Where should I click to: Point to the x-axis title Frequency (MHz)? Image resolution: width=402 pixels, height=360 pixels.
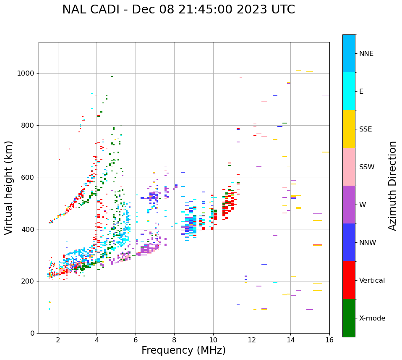(x=183, y=350)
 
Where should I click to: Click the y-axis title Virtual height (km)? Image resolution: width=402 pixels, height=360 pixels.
(x=9, y=187)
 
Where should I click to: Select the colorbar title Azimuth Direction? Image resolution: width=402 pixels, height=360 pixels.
(x=392, y=186)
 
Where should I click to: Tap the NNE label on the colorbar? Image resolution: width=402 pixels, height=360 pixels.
(x=366, y=54)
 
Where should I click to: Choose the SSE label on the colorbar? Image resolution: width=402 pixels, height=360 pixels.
(x=365, y=129)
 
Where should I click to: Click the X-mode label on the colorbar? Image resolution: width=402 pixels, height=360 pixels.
(x=372, y=318)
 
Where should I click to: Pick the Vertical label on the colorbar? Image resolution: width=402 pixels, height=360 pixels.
(x=372, y=281)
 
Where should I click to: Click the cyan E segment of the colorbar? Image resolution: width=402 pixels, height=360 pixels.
(x=349, y=91)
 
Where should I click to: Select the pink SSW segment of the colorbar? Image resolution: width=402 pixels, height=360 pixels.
(x=349, y=167)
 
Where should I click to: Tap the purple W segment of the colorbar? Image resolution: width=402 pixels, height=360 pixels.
(x=349, y=205)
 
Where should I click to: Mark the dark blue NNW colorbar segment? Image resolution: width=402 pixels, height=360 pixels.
(x=349, y=242)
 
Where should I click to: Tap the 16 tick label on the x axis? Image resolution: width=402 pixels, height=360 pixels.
(x=329, y=340)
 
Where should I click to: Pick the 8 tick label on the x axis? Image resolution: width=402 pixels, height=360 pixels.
(x=174, y=340)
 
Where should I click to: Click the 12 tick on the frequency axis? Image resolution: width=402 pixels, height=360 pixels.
(x=252, y=340)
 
